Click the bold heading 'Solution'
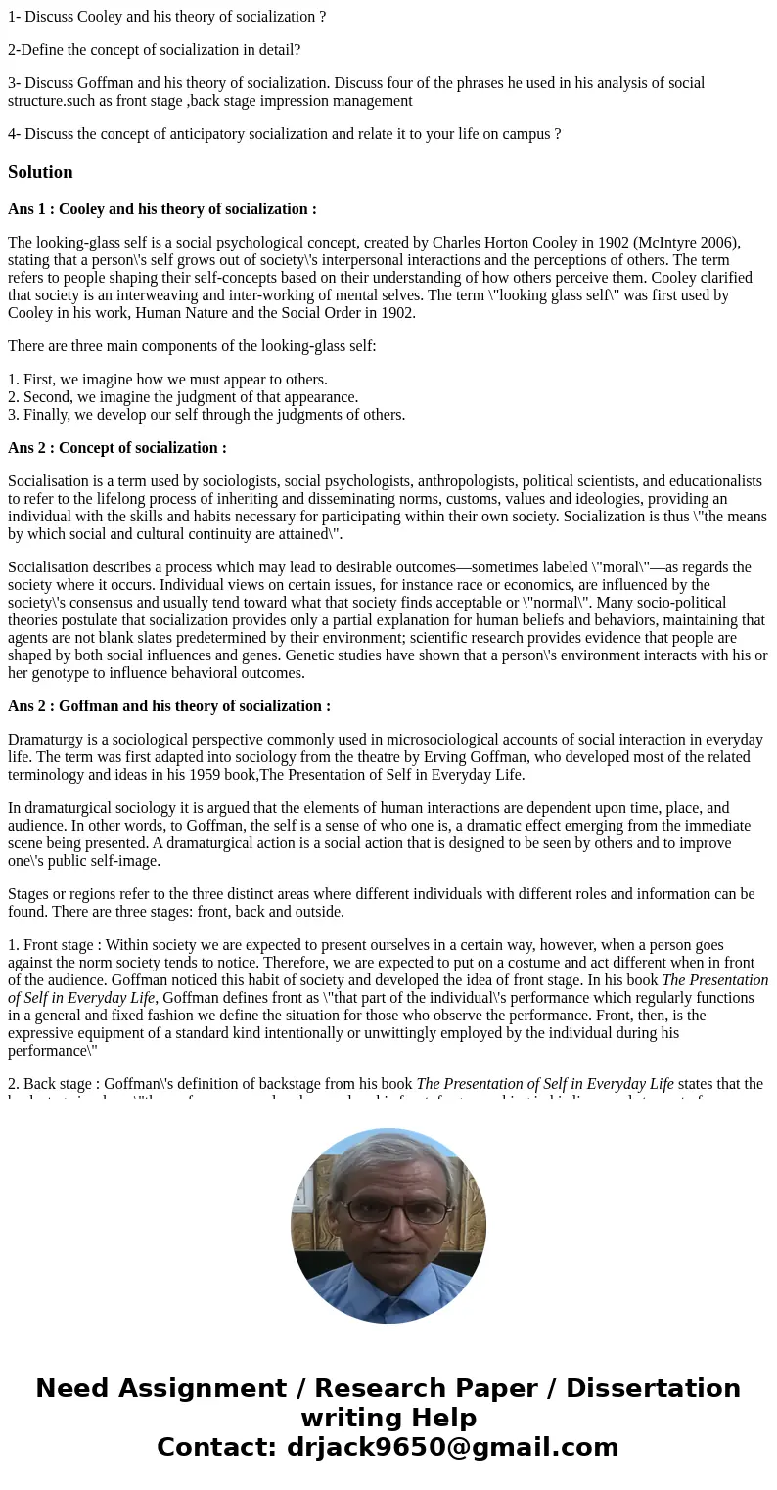coord(40,172)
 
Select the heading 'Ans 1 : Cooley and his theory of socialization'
coord(161,209)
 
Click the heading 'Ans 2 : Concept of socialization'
coord(116,448)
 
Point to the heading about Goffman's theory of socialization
coord(168,706)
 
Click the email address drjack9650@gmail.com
coord(453,1447)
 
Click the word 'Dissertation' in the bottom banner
coord(653,1388)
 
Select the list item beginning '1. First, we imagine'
coord(167,380)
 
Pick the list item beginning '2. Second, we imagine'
coord(183,397)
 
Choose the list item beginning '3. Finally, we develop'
coord(206,415)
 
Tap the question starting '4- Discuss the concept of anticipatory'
coord(284,134)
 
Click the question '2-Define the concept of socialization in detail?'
coord(154,50)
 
